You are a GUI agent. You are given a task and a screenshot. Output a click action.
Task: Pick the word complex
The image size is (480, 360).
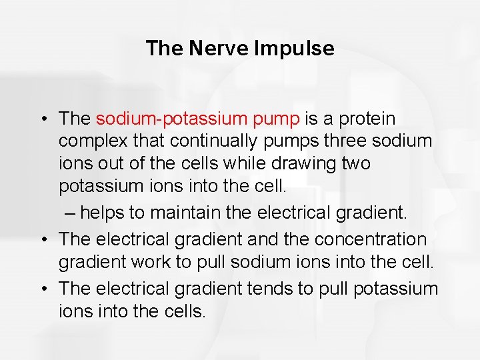tap(87, 141)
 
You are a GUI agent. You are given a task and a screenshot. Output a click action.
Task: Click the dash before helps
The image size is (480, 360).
tap(71, 213)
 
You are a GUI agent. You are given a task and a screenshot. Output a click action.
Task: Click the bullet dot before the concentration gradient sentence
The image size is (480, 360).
tap(42, 239)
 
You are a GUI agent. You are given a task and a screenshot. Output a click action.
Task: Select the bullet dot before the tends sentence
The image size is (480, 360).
tap(42, 289)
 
